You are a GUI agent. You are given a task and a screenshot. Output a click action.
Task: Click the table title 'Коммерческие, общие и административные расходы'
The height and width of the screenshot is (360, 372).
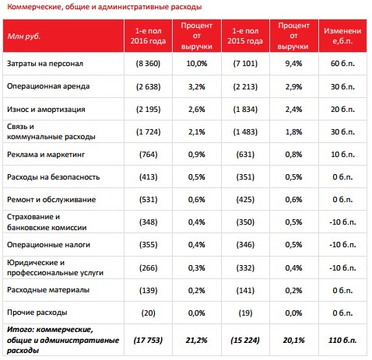104,7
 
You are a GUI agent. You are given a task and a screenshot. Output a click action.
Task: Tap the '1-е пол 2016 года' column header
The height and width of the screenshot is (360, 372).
148,36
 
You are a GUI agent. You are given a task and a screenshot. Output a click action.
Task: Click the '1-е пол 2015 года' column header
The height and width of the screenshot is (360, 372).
245,36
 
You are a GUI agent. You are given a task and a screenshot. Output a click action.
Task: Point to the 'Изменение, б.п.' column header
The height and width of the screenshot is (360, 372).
342,36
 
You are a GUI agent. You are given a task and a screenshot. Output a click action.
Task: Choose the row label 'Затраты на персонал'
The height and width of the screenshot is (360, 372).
45,64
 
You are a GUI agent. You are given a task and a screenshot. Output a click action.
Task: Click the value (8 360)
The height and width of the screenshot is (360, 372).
148,64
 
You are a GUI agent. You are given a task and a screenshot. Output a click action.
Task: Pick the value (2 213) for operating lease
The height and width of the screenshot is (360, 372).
245,86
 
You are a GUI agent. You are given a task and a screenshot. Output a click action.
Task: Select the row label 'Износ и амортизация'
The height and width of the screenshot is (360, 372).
46,110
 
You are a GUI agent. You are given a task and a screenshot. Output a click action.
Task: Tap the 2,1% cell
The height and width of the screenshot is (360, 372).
197,132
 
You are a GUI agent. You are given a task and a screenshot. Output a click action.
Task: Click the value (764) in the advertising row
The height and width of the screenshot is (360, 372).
148,155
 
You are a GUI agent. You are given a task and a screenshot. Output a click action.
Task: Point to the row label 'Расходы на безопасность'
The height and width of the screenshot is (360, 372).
53,177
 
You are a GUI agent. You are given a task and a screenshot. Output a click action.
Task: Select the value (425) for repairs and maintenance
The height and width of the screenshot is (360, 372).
245,200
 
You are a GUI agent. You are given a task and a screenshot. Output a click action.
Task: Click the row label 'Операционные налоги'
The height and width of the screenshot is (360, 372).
48,245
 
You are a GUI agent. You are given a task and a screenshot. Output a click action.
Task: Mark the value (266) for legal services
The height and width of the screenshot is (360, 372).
148,267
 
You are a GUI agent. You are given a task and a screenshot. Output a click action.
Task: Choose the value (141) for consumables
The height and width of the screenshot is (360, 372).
245,290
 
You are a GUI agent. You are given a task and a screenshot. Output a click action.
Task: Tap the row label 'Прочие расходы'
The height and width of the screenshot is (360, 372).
37,313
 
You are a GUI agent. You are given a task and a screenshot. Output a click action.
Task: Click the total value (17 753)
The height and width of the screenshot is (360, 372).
148,340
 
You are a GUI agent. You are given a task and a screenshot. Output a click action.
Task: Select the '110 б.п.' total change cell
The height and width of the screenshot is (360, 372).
342,340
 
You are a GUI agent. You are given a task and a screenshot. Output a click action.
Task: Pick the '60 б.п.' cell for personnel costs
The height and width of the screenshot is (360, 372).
342,64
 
